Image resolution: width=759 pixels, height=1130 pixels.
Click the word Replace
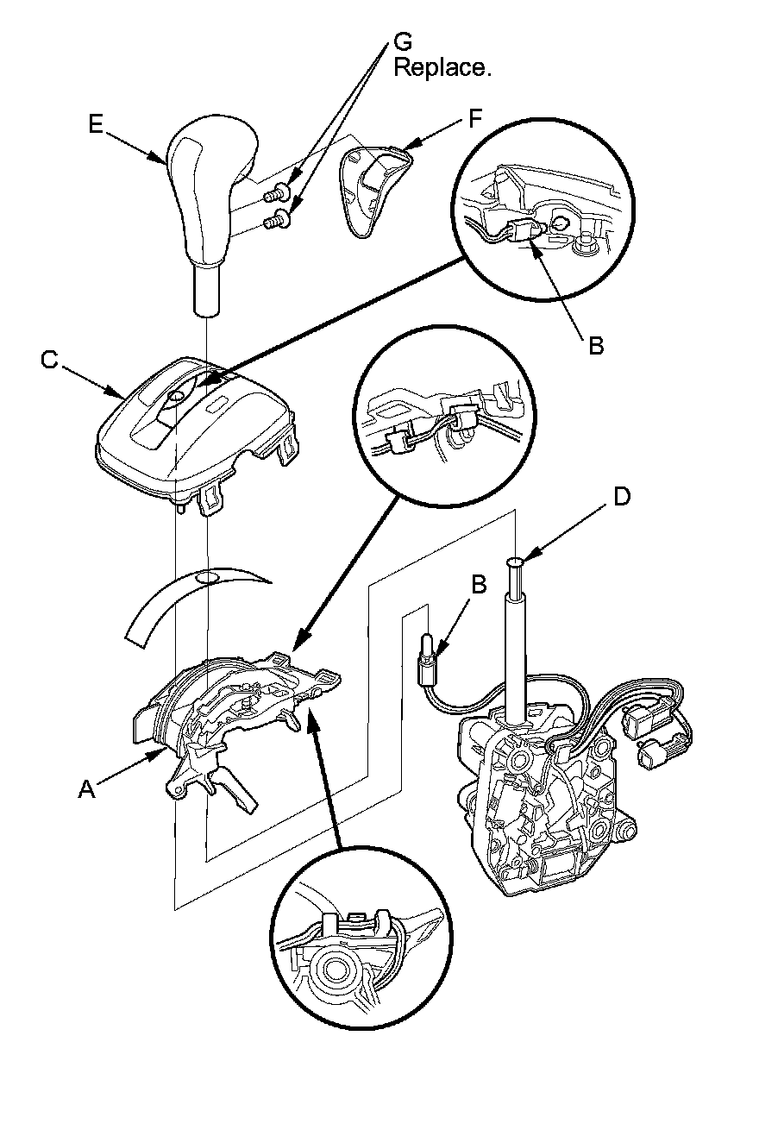click(x=442, y=68)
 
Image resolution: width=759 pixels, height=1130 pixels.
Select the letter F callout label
click(x=474, y=119)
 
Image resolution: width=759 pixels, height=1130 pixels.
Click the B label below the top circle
click(x=595, y=347)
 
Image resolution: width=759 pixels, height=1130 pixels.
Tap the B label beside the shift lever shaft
click(x=479, y=583)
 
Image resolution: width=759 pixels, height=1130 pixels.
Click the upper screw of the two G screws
click(x=279, y=191)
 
